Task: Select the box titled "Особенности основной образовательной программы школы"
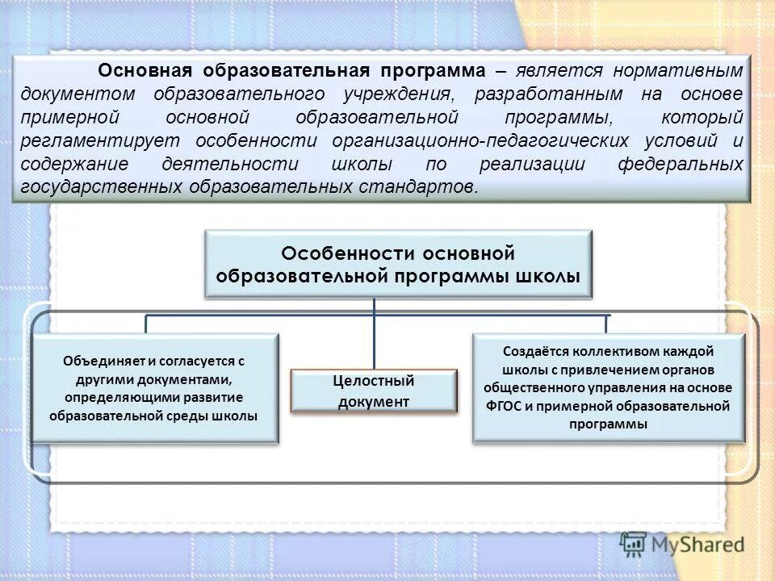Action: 398,265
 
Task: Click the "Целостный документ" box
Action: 373,391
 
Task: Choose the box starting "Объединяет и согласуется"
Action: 154,388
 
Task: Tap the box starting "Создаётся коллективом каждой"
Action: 608,388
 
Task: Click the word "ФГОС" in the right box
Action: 506,406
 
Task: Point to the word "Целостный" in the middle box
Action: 373,381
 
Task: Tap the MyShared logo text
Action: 698,545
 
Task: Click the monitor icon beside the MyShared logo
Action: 635,545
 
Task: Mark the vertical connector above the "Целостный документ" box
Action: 374,334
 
